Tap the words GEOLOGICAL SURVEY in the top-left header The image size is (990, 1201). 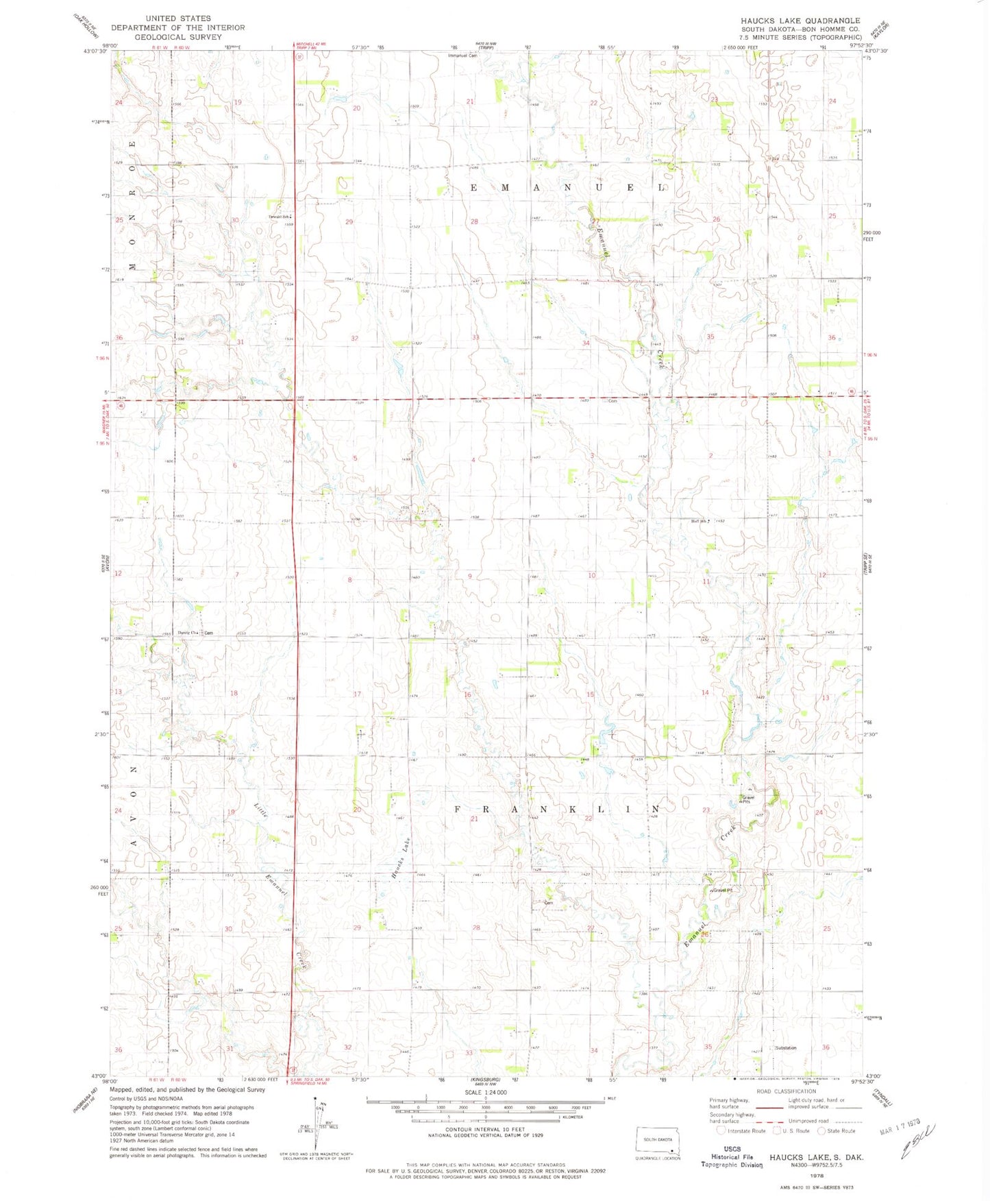point(178,37)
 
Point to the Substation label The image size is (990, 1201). point(786,1047)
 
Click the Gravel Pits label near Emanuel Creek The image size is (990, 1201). point(747,799)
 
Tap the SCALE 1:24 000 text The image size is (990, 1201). point(485,1092)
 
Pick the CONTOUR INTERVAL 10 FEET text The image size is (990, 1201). point(485,1129)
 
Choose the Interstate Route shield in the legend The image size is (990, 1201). point(721,1130)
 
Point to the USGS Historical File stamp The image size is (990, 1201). point(732,1157)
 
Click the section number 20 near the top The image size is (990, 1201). point(356,108)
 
